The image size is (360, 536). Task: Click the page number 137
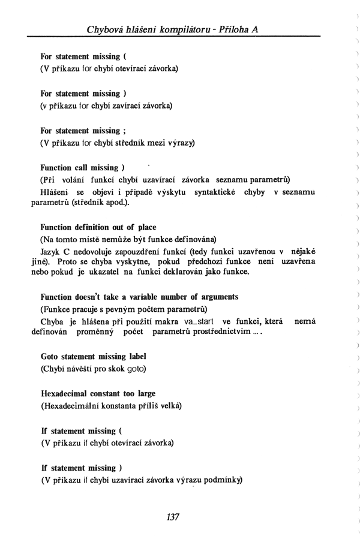point(174,517)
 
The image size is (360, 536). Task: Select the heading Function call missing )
point(82,168)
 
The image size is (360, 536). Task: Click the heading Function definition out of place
point(98,227)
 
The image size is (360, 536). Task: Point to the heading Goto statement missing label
point(94,356)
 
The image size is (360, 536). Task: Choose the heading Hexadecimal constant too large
point(98,394)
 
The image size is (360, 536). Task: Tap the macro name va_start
point(196,323)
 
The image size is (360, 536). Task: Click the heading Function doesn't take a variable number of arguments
point(139,297)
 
